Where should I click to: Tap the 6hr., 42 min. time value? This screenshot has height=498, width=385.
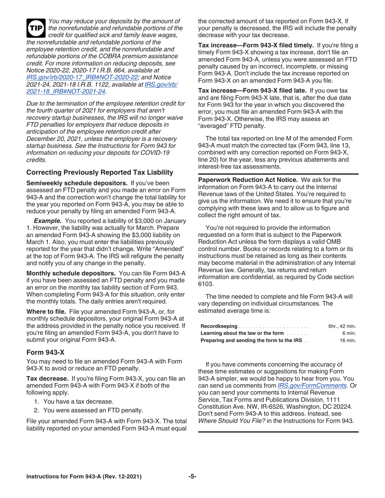(342, 326)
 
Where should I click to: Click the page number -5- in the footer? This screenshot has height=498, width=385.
(192, 477)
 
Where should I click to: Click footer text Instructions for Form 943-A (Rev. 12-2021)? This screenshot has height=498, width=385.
(84, 477)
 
